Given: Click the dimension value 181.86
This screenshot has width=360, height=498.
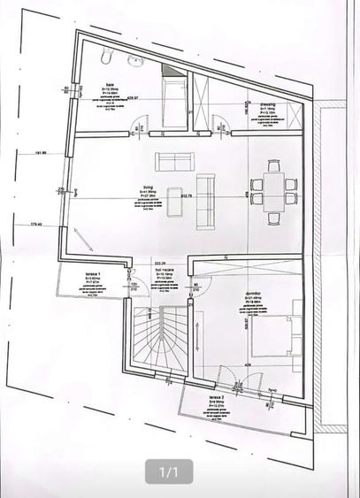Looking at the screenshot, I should click(41, 152).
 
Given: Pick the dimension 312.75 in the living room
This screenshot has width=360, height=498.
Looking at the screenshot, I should click(186, 195).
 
